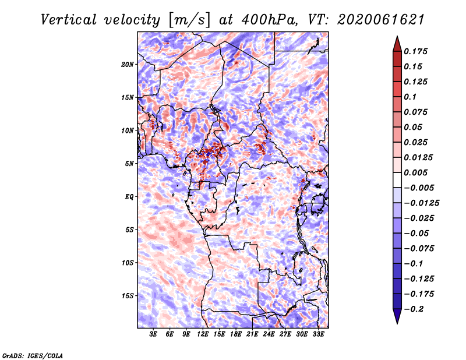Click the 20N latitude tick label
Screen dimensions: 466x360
click(x=128, y=65)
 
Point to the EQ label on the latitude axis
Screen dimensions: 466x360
click(x=129, y=197)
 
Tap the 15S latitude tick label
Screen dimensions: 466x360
click(x=128, y=296)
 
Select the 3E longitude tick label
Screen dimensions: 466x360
click(x=153, y=334)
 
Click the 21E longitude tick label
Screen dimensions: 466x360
click(x=252, y=334)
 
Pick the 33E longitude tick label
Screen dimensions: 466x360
click(x=318, y=334)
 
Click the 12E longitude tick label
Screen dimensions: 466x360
click(x=202, y=334)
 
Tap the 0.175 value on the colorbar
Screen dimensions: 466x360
click(x=415, y=51)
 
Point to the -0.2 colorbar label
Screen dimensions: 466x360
click(x=413, y=309)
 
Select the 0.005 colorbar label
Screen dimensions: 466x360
click(x=415, y=172)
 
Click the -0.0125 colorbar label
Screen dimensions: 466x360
click(x=421, y=203)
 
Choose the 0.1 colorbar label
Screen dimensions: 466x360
click(x=410, y=97)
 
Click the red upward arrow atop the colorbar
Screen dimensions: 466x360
click(x=397, y=44)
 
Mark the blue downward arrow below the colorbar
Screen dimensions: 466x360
click(x=397, y=316)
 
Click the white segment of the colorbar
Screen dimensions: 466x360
click(x=397, y=180)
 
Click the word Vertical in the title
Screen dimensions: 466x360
click(x=69, y=20)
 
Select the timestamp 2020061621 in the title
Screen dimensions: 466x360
click(x=381, y=20)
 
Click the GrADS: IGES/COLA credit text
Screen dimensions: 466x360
click(x=32, y=355)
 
